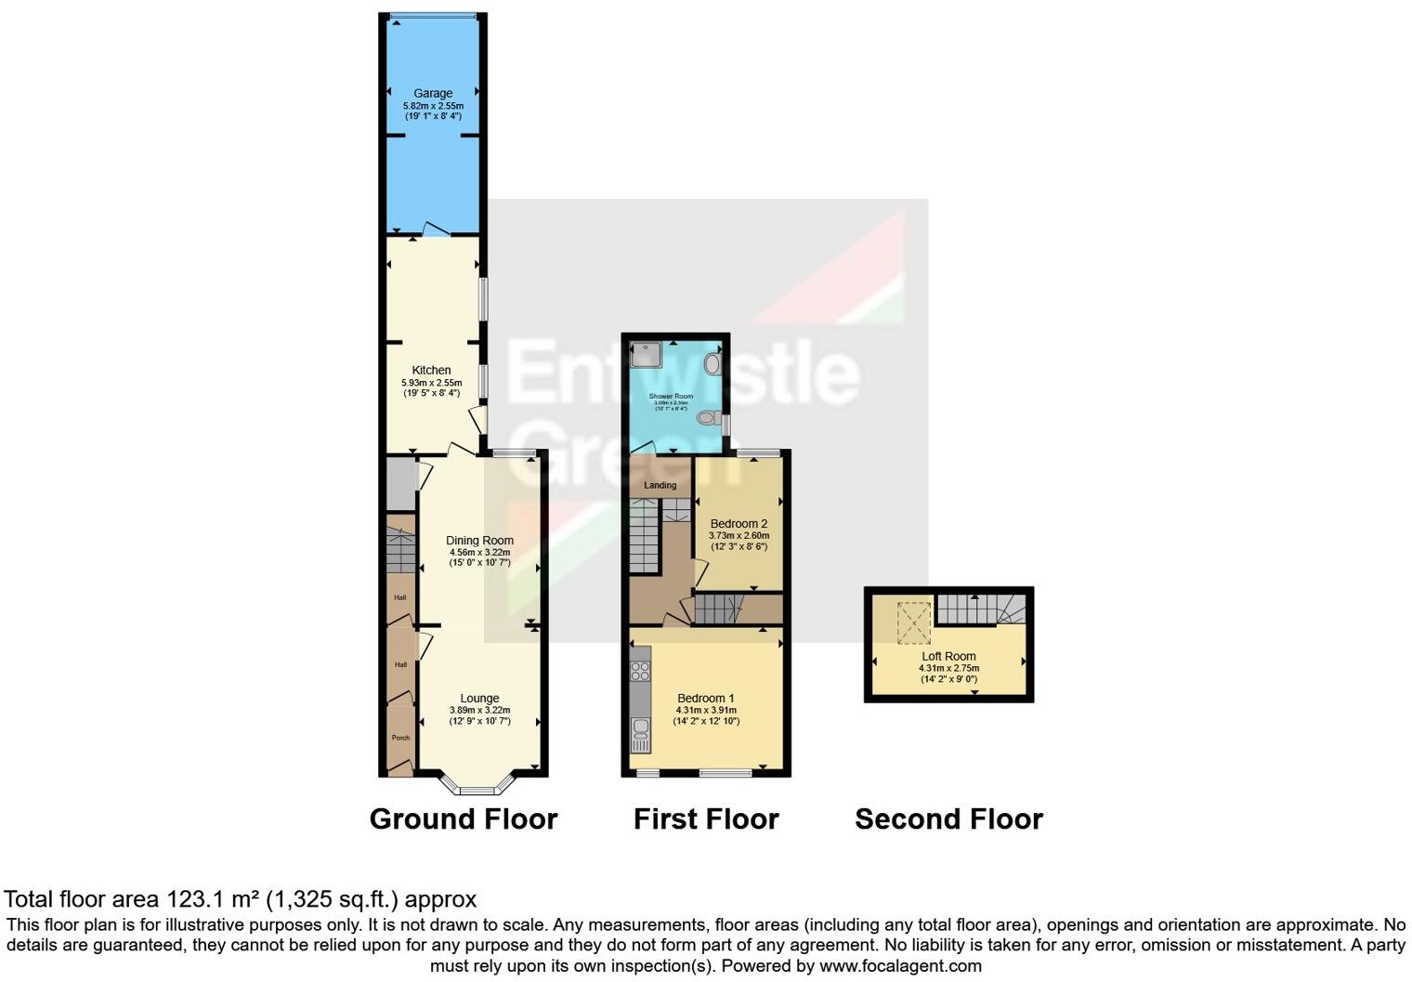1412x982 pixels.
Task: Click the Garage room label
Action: point(433,93)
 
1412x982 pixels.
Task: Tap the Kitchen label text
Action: point(431,370)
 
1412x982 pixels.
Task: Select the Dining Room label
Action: point(479,540)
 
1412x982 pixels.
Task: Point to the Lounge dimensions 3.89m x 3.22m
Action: point(479,710)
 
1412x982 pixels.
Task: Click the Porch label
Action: point(400,738)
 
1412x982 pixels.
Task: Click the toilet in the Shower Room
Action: point(707,418)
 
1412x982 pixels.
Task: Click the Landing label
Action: point(660,485)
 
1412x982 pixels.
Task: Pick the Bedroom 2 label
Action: point(739,523)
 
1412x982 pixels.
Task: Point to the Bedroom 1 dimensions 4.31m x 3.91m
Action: point(708,710)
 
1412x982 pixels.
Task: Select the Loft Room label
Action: point(948,656)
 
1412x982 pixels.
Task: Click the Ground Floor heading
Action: point(464,818)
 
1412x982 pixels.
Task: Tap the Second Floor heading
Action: point(948,818)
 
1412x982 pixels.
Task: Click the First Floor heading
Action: point(706,818)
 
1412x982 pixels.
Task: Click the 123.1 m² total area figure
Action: point(213,898)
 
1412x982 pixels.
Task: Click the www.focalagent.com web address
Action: point(900,965)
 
